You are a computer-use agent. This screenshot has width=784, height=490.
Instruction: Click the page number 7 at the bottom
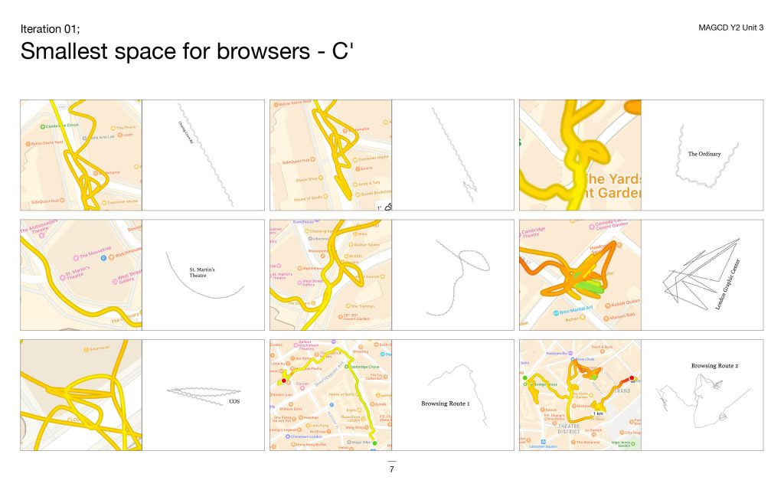391,469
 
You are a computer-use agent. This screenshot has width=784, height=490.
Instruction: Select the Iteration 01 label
49,29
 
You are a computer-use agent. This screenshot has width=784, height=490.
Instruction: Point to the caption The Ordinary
704,154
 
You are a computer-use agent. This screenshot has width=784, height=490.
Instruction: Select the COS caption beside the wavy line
234,400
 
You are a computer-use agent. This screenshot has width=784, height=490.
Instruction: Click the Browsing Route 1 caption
445,403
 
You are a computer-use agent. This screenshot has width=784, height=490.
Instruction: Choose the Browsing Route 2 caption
714,366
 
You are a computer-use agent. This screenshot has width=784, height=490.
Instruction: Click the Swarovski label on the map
95,349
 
